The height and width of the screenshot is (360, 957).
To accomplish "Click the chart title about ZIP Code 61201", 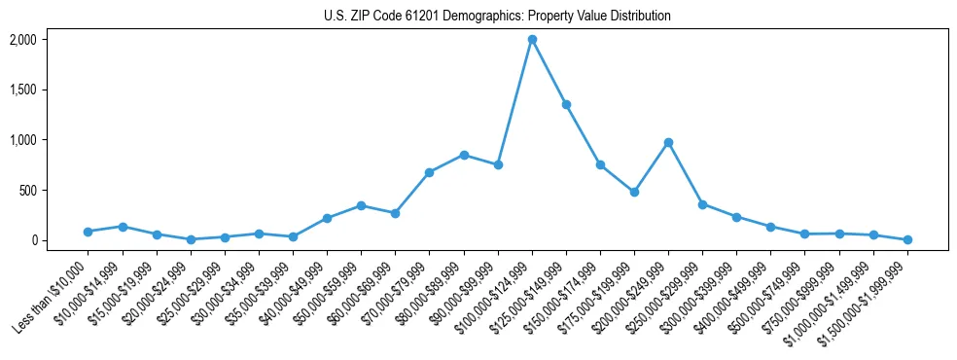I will coord(497,16).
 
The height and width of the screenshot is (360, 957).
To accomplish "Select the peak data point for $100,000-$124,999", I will coord(532,40).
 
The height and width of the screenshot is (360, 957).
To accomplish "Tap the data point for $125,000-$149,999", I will coord(566,104).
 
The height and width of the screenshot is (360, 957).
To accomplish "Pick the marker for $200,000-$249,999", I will coord(668,142).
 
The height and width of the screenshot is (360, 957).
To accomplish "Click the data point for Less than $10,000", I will coord(88,232).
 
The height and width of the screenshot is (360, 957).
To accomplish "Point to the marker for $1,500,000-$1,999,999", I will coord(907,239).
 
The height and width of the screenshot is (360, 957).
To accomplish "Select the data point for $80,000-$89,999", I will coord(464,155).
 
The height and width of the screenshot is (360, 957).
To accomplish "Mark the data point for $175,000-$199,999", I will coord(634,192).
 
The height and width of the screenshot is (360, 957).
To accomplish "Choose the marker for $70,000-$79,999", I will coord(429,172).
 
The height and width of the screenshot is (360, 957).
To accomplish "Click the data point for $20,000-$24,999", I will coord(191,239).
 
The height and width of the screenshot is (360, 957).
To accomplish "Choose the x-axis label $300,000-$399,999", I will coord(700,296).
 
